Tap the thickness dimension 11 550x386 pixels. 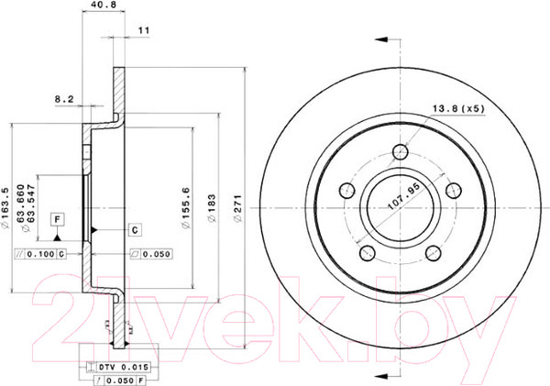[142, 30]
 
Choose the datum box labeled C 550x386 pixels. [134, 228]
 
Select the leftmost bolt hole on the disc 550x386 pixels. [346, 191]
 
